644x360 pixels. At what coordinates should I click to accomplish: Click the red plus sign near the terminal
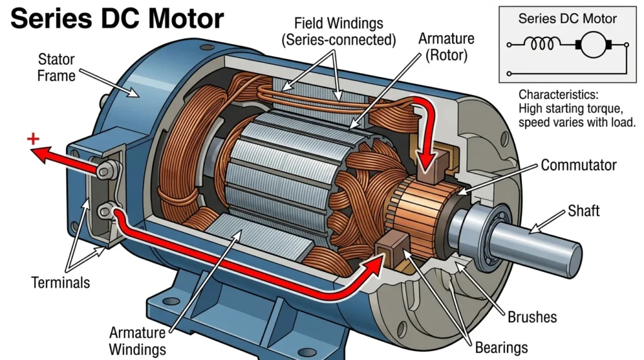point(33,139)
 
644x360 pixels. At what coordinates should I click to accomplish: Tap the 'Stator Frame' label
point(56,67)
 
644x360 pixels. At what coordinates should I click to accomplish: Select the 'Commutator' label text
point(579,165)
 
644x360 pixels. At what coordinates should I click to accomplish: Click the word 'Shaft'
point(584,211)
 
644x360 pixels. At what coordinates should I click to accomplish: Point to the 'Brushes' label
point(532,317)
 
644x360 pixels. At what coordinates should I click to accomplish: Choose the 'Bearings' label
point(501,348)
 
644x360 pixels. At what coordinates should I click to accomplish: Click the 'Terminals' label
point(60,283)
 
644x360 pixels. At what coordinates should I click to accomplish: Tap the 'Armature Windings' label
point(138,341)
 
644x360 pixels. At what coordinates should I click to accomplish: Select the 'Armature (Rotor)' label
point(446,47)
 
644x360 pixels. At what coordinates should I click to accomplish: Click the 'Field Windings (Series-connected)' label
point(338,31)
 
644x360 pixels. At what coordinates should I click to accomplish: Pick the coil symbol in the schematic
point(542,43)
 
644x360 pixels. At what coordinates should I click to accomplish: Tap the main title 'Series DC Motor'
point(117,18)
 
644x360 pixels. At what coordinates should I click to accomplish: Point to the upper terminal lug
point(108,169)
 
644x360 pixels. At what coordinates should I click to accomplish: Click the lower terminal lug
point(106,211)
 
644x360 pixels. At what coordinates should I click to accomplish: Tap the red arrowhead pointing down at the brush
point(427,162)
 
